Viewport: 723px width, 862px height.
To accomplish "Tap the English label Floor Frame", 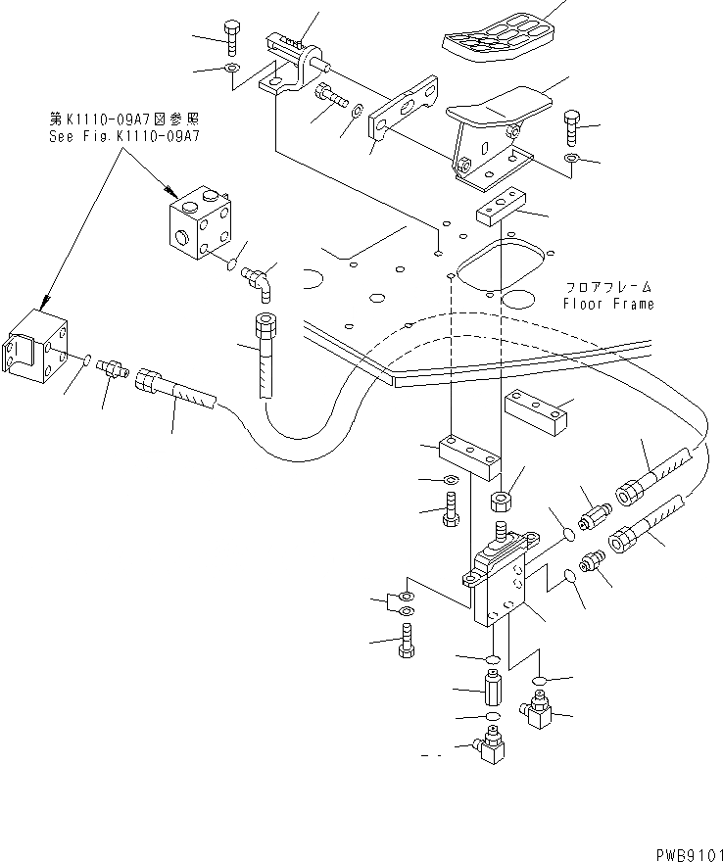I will (x=608, y=304).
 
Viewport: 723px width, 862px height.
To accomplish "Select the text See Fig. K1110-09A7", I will (x=124, y=137).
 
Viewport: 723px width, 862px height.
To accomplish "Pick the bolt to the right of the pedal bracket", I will (x=574, y=127).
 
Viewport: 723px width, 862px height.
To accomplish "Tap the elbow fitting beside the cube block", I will (x=261, y=281).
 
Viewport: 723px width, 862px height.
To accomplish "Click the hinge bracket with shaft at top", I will (x=291, y=64).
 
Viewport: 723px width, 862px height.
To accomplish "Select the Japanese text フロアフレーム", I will (x=608, y=288).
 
